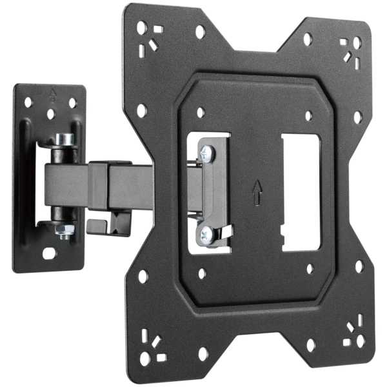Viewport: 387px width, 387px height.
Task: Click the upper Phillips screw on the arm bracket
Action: click(x=206, y=152)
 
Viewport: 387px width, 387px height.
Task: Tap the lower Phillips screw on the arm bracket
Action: click(x=206, y=233)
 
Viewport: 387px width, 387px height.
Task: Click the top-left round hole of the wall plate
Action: click(x=28, y=101)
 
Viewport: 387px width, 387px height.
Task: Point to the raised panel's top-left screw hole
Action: click(x=201, y=111)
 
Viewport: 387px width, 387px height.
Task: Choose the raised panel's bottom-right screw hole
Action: click(x=310, y=268)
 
